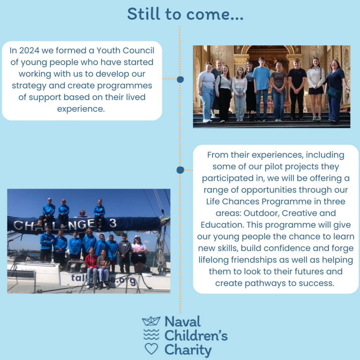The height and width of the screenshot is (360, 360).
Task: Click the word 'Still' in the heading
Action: [x=144, y=14]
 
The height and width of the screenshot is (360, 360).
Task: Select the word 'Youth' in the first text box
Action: [x=108, y=51]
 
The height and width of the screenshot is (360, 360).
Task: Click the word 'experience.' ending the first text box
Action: [x=81, y=109]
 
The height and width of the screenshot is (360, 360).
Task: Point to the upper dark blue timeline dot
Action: [x=180, y=79]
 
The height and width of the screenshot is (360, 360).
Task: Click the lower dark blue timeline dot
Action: [x=180, y=170]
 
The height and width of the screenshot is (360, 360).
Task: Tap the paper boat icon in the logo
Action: [x=151, y=321]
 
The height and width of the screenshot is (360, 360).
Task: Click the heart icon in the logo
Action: [x=151, y=349]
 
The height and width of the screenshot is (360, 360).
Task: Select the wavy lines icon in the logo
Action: [x=151, y=335]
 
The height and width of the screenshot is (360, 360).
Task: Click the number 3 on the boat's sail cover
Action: [x=113, y=223]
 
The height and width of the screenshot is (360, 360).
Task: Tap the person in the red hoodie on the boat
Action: [x=91, y=268]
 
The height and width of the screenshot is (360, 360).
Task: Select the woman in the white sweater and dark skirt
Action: [x=316, y=89]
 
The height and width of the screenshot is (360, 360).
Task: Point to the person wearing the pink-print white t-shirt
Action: [x=139, y=255]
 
